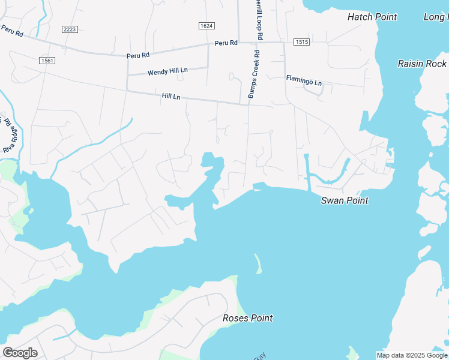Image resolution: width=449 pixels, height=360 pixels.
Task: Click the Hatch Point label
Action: click(x=372, y=17)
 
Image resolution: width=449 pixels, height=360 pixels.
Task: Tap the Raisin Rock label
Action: click(x=423, y=64)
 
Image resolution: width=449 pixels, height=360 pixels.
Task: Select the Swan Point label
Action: click(x=345, y=200)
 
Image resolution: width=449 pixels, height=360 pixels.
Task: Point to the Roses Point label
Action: click(x=247, y=318)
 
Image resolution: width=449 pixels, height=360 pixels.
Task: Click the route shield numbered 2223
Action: click(x=70, y=29)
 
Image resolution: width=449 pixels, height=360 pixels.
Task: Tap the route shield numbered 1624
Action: click(x=206, y=26)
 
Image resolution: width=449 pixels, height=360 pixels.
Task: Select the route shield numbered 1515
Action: click(x=301, y=42)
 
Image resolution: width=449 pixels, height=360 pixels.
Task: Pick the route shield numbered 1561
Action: click(x=46, y=61)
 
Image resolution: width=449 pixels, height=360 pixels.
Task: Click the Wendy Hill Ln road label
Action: click(x=167, y=71)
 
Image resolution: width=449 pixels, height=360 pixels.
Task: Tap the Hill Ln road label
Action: click(x=171, y=97)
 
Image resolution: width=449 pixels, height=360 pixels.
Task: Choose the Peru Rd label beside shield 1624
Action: click(x=226, y=43)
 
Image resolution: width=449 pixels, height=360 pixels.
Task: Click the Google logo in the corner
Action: click(x=20, y=353)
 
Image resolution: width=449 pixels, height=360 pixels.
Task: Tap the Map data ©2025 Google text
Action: click(x=412, y=355)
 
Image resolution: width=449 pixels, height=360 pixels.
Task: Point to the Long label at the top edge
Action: click(x=436, y=17)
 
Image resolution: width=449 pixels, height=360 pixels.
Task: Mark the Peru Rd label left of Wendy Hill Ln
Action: click(x=138, y=55)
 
